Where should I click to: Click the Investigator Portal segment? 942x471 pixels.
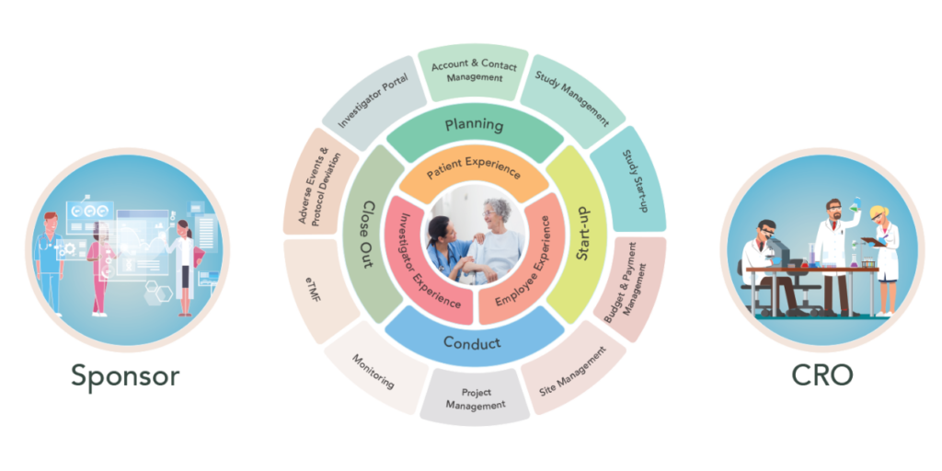click(372, 101)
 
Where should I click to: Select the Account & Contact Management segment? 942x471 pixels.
click(474, 73)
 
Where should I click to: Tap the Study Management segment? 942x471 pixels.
click(572, 99)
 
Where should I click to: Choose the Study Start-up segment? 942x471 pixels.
click(629, 180)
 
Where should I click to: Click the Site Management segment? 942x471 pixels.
click(572, 375)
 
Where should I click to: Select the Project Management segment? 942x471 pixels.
click(475, 397)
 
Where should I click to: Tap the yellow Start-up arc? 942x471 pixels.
click(580, 235)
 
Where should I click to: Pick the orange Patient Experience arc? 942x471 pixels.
click(474, 173)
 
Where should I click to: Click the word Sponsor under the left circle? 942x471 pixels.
click(125, 376)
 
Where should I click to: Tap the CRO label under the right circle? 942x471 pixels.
click(821, 375)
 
